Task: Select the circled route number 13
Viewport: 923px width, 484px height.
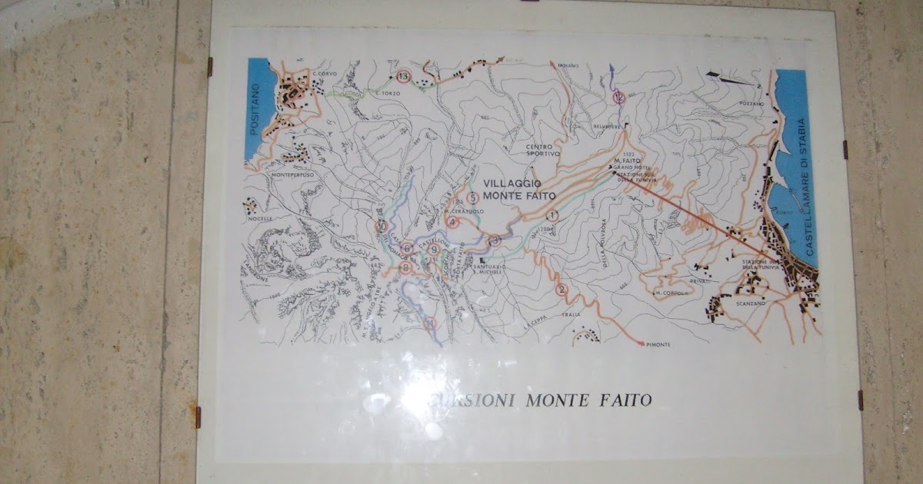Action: click(x=405, y=75)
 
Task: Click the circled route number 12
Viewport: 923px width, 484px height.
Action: click(x=619, y=98)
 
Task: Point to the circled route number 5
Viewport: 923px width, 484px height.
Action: click(x=473, y=197)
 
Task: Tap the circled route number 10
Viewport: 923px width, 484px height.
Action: click(x=382, y=226)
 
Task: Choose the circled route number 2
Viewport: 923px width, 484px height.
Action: click(x=562, y=290)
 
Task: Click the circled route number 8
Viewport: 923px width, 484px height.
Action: click(x=406, y=267)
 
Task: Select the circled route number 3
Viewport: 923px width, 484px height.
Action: click(x=495, y=240)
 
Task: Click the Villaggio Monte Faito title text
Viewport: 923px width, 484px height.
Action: click(x=514, y=190)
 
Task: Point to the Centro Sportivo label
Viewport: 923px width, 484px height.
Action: click(x=544, y=150)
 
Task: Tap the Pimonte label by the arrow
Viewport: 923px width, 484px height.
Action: click(x=659, y=344)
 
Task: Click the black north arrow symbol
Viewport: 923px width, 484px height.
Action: click(x=725, y=78)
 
